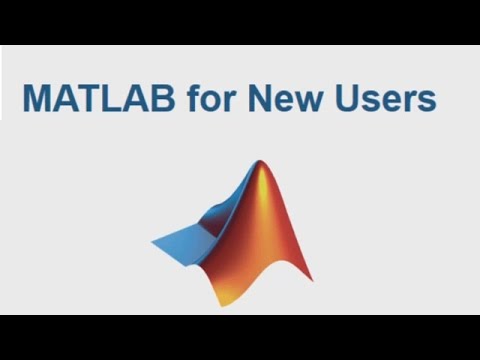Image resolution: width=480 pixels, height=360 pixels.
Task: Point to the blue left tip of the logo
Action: click(x=154, y=243)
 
